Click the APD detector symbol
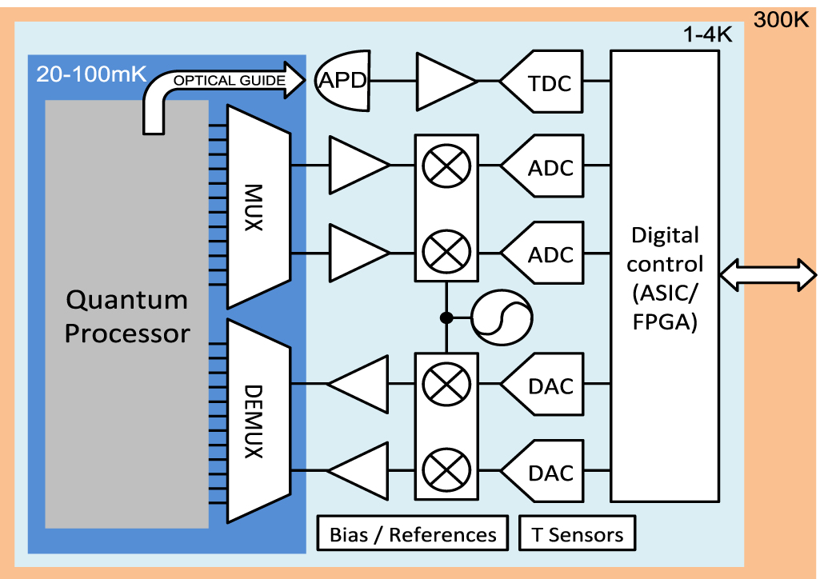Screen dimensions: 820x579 coord(342,81)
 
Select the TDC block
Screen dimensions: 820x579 coord(542,82)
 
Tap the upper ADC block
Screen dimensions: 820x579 coord(542,166)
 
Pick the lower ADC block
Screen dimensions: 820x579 coord(542,253)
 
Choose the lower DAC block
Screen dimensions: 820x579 coord(542,471)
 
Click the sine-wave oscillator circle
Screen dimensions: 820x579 coord(502,317)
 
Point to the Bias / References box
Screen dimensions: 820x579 coord(413,533)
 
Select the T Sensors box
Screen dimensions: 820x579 coord(578,533)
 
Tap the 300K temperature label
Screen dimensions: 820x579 coord(781,20)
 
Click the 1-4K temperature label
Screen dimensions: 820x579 coord(707,34)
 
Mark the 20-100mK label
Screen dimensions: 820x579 coord(91,74)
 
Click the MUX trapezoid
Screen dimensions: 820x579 coord(258,207)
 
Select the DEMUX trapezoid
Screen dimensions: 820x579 coord(258,421)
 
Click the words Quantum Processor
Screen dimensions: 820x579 coord(127,317)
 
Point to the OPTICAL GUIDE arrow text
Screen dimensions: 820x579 coord(230,81)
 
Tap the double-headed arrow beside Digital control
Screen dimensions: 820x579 coord(768,275)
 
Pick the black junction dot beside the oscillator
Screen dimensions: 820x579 coord(446,317)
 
